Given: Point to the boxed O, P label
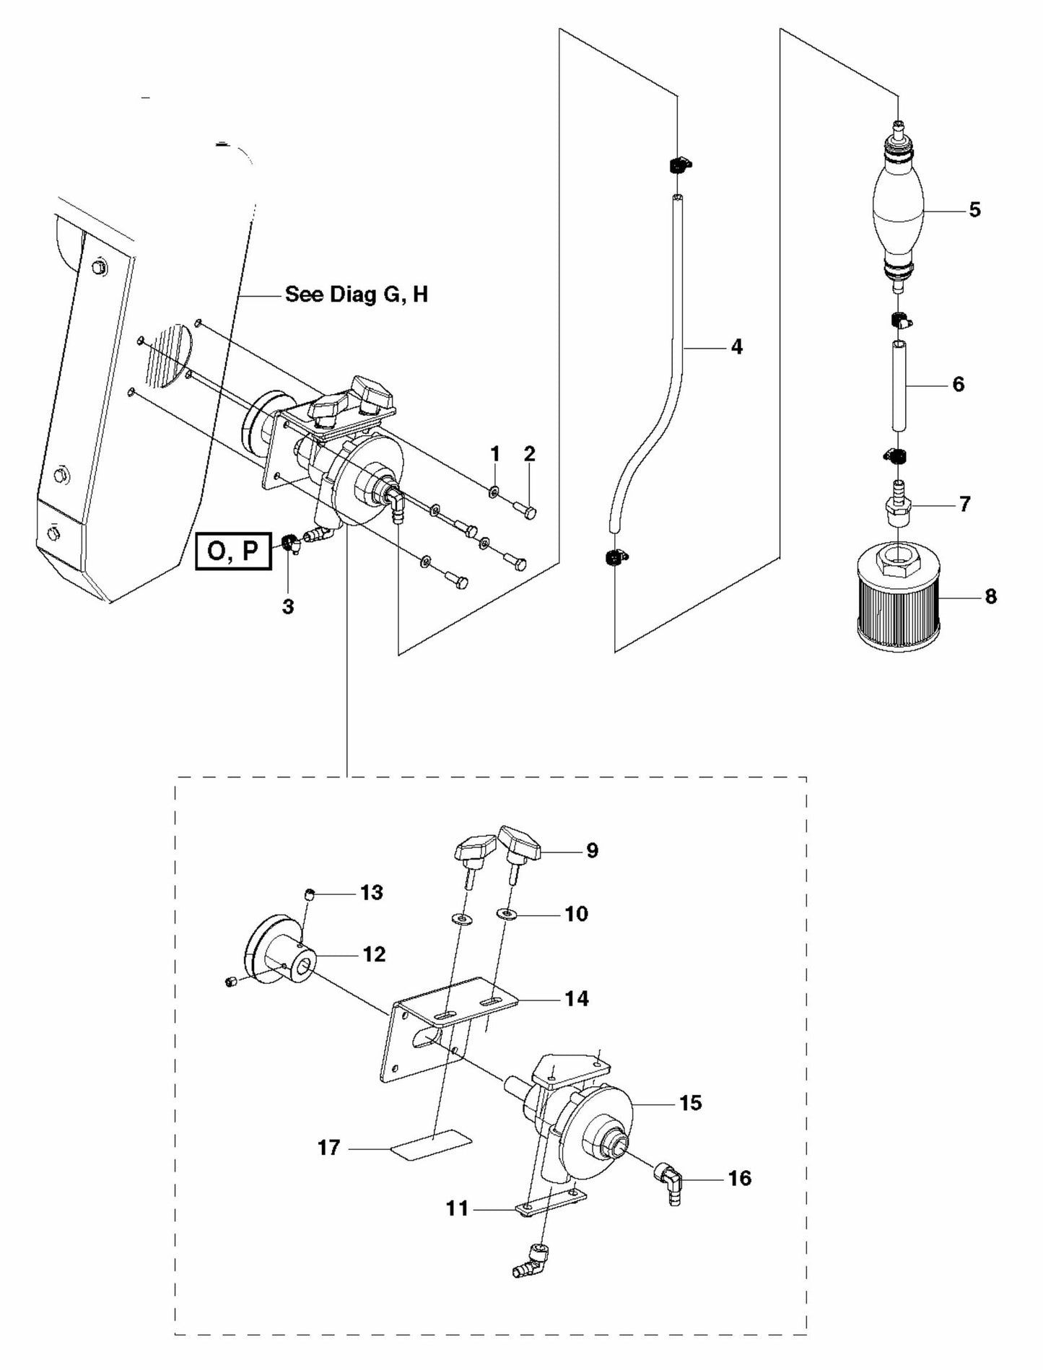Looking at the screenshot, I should [232, 551].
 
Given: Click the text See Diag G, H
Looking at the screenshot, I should [357, 294].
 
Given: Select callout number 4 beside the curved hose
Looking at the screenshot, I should [736, 347].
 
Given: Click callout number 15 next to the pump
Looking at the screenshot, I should [690, 1103].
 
